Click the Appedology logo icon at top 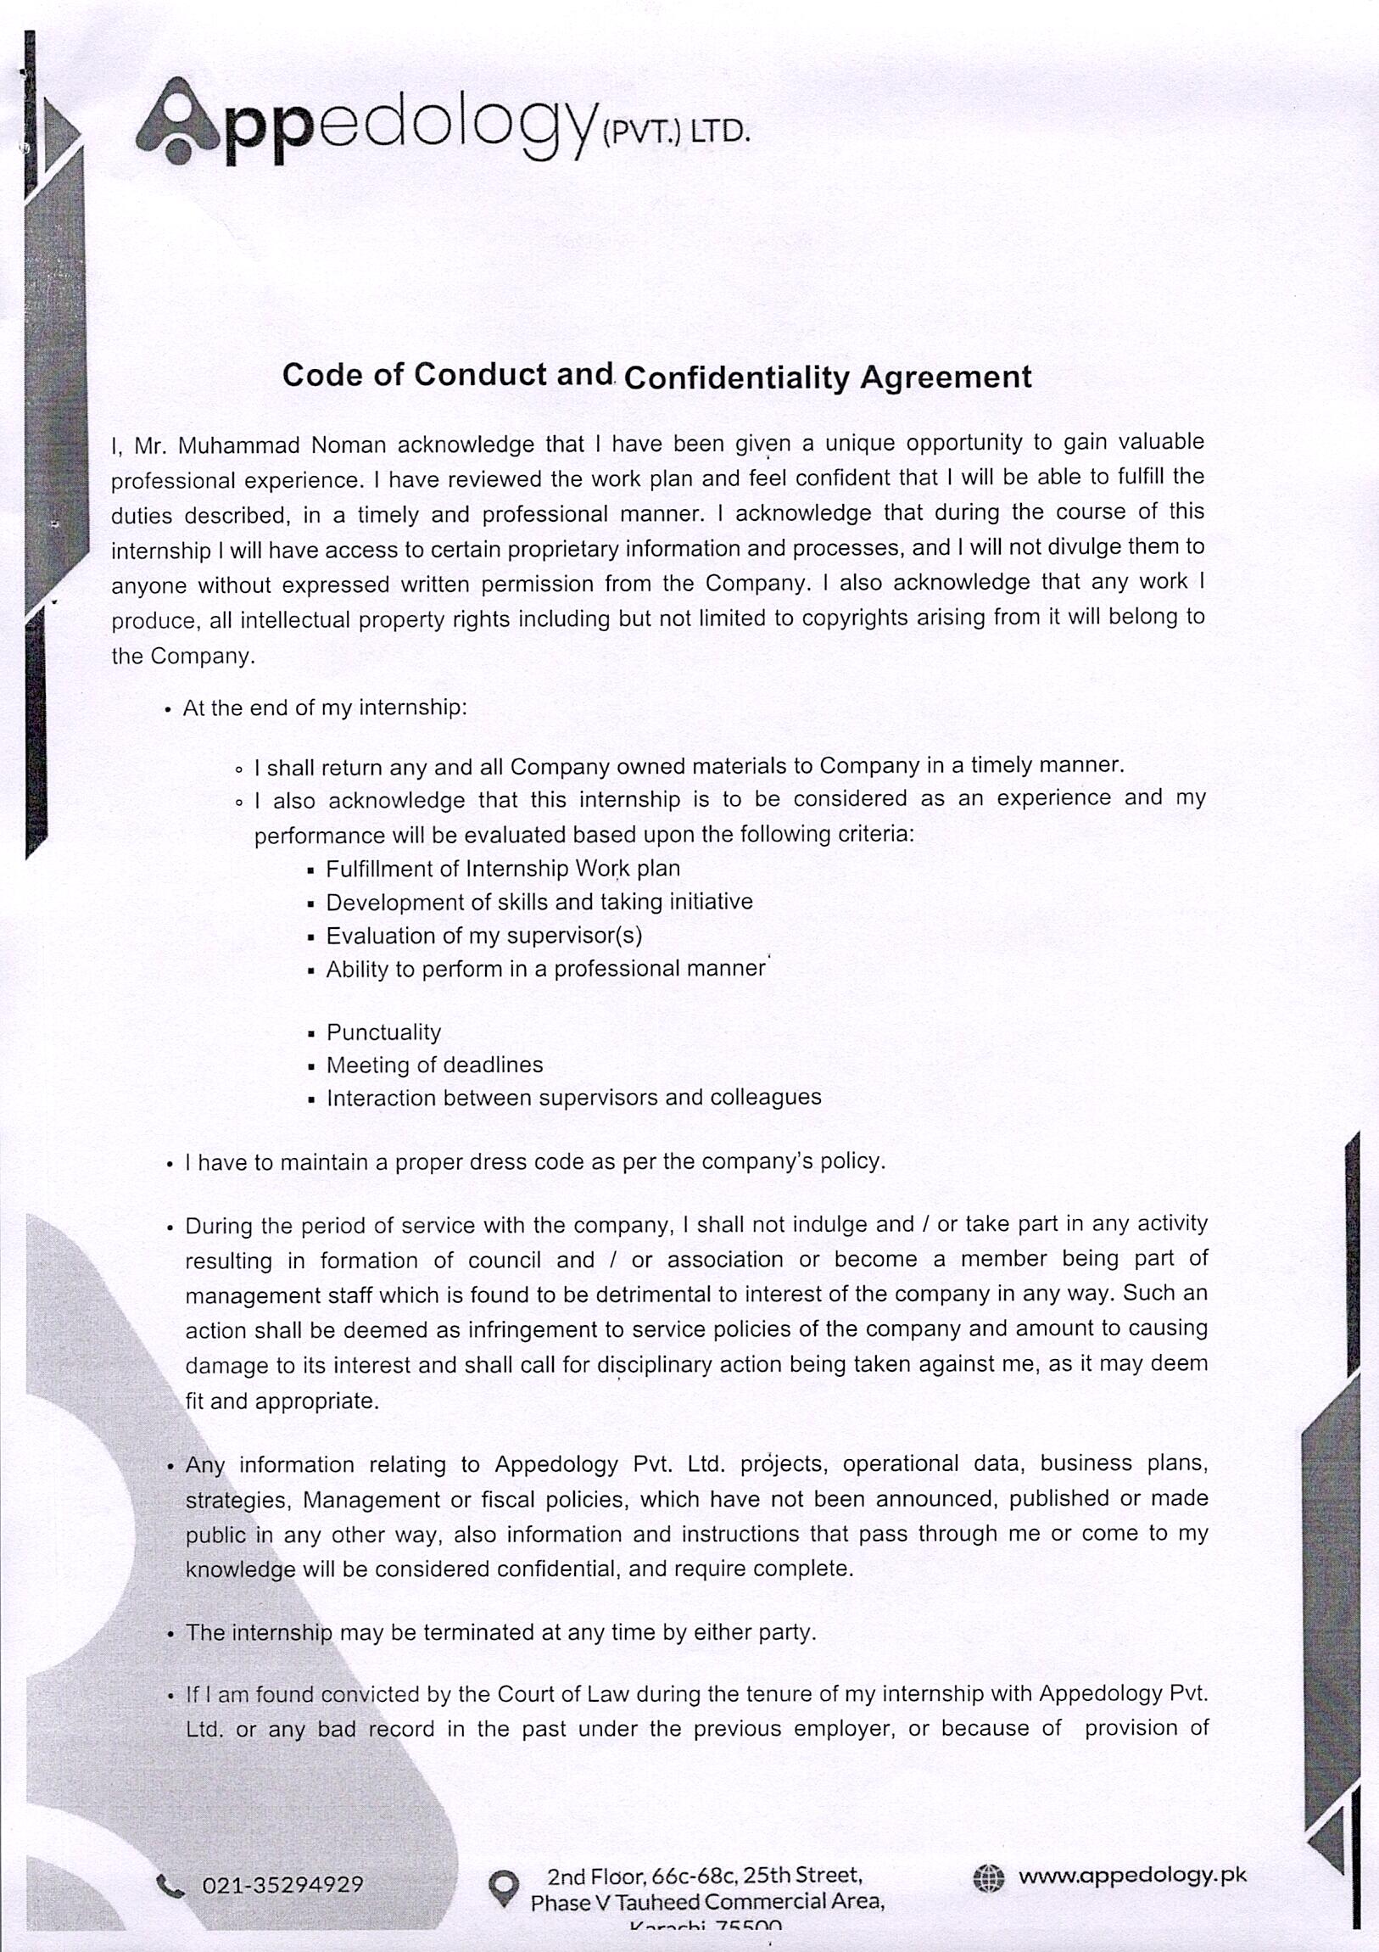[179, 121]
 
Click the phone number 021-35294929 [282, 1885]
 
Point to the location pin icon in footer [503, 1887]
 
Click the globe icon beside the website [988, 1877]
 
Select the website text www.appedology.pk [1131, 1876]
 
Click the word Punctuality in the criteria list [383, 1032]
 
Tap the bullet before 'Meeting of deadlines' [311, 1066]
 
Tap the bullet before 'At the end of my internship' [169, 710]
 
